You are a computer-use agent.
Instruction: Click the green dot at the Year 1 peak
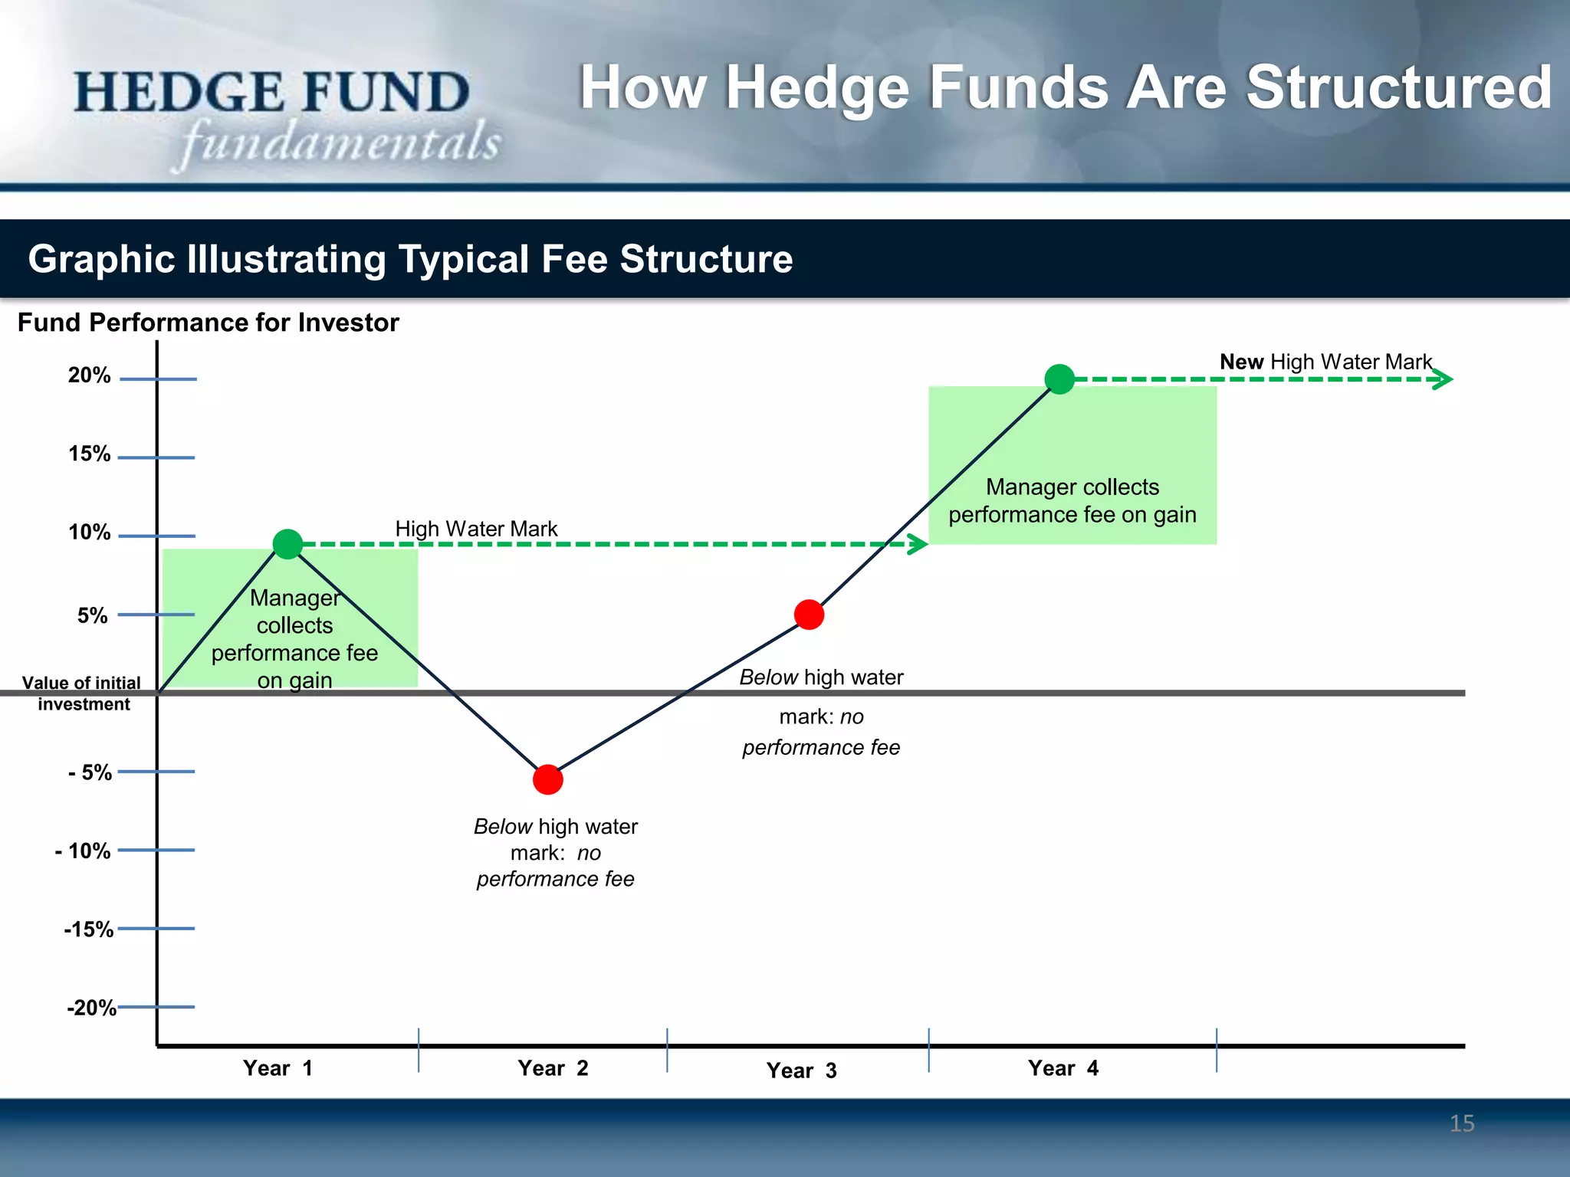287,544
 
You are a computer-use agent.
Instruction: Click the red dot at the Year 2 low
548,779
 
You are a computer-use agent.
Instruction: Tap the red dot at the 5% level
809,615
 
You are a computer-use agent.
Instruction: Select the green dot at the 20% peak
1059,379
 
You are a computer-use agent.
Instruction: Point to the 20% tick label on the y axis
89,375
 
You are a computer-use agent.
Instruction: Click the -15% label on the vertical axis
89,929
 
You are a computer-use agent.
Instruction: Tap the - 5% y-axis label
90,772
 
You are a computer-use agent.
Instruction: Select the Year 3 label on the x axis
801,1070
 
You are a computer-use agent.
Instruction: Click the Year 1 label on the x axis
278,1068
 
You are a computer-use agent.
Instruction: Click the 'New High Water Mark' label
1325,362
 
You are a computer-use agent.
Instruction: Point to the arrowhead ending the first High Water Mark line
918,544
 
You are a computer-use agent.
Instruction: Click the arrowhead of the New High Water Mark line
1443,379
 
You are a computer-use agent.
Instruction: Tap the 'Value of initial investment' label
81,693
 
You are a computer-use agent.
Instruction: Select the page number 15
1462,1123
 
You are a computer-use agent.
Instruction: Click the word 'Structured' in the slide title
1398,88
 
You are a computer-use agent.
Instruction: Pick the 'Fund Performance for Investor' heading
208,323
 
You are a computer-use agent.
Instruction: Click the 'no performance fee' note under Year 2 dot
556,866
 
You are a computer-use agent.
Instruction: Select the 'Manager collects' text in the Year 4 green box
1072,487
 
